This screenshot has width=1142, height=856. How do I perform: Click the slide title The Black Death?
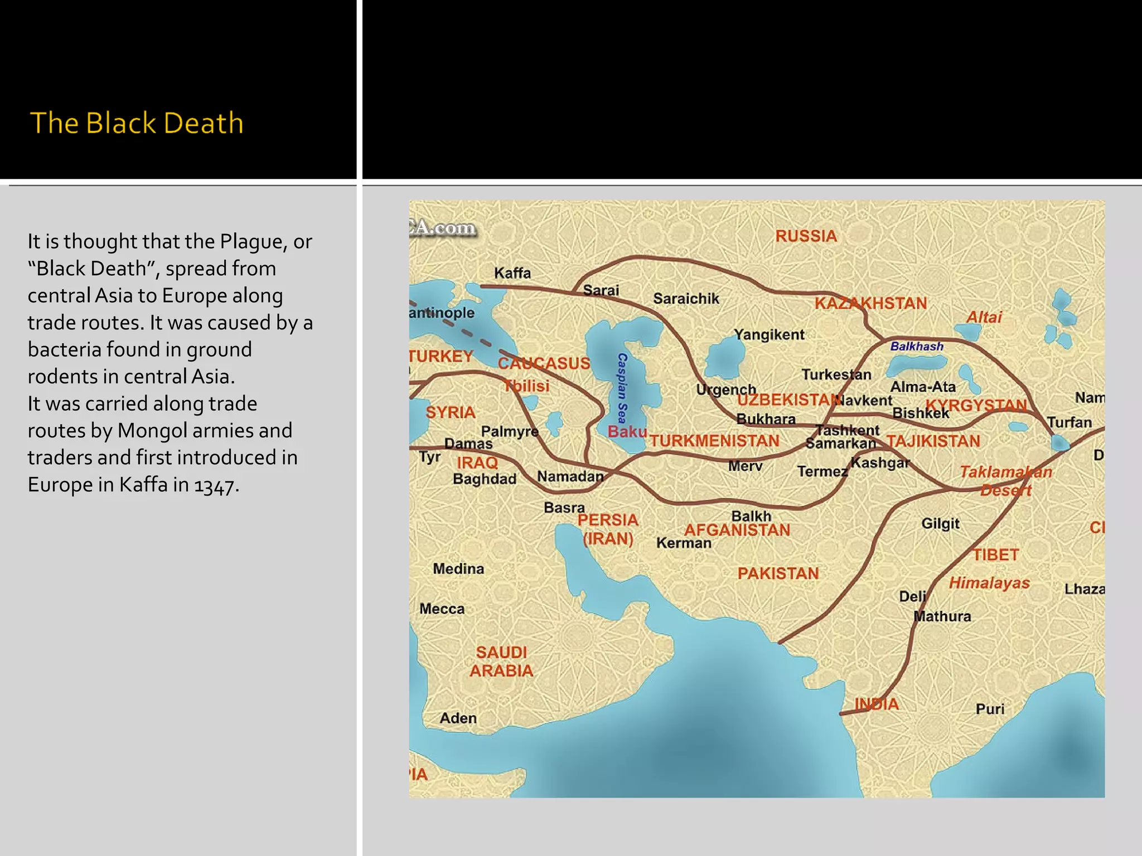pos(137,123)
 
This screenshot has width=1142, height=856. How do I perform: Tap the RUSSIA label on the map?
pos(806,236)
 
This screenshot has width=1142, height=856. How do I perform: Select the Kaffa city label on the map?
pos(512,273)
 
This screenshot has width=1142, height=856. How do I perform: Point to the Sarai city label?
pos(601,290)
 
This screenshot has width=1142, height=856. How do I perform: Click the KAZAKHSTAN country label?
pos(870,304)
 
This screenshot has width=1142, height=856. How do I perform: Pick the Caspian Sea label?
pos(622,388)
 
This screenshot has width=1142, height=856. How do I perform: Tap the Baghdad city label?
pos(485,479)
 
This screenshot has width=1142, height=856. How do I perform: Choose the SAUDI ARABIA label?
pos(501,662)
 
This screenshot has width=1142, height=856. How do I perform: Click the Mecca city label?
pos(442,609)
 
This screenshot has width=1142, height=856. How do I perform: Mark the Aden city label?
pos(458,718)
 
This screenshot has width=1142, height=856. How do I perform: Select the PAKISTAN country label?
pos(778,573)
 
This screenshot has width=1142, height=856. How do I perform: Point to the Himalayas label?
pos(989,583)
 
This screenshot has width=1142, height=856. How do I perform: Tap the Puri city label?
pos(990,709)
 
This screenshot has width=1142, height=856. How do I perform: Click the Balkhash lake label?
pos(917,347)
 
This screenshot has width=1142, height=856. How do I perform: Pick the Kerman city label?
pos(684,543)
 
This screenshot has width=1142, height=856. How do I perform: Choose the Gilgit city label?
pos(940,524)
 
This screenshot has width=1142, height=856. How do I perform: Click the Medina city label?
pos(458,569)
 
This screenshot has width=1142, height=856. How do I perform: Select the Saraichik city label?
pos(686,299)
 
